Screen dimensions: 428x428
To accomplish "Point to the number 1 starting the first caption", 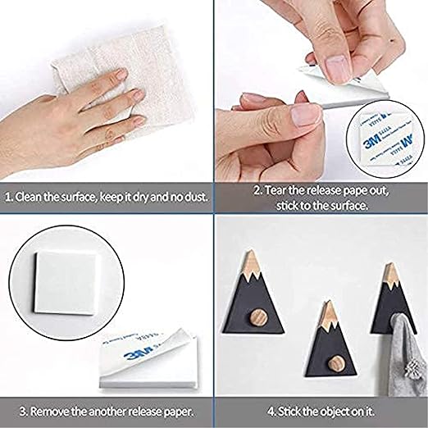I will tap(7, 197).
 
